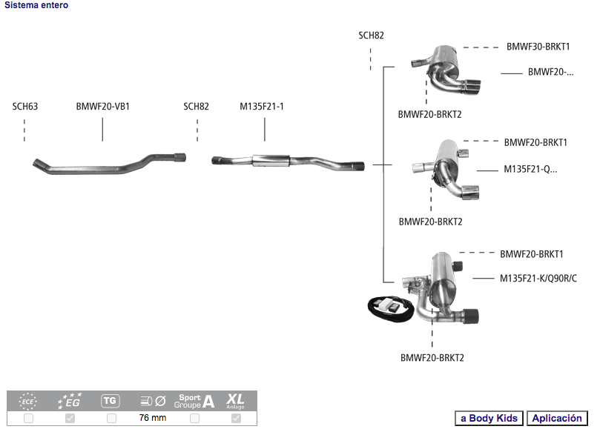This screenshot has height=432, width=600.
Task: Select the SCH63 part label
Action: [x=24, y=107]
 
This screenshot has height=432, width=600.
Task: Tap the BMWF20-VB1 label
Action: [x=102, y=107]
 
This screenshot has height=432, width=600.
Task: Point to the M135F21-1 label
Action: [x=261, y=107]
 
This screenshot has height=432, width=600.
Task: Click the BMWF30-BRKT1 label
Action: [x=538, y=47]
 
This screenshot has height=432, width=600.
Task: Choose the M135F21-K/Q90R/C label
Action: [x=538, y=279]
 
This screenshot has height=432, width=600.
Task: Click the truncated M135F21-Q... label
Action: [x=530, y=169]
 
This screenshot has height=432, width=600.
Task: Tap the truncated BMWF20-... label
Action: [x=551, y=72]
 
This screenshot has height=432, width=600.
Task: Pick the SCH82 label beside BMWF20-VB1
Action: [x=196, y=107]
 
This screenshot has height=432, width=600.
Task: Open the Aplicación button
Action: [x=558, y=419]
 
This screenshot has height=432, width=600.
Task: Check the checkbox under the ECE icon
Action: [x=28, y=419]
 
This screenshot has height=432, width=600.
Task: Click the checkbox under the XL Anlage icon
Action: [x=236, y=419]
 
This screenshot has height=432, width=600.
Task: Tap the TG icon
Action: [x=111, y=401]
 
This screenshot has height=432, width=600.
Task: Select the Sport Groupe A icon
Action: [x=194, y=401]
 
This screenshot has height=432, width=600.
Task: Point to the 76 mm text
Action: [x=153, y=419]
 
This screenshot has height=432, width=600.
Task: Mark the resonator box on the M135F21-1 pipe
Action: [x=270, y=160]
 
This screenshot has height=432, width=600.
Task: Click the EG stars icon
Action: [x=70, y=401]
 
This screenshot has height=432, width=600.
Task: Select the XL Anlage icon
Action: [x=236, y=401]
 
